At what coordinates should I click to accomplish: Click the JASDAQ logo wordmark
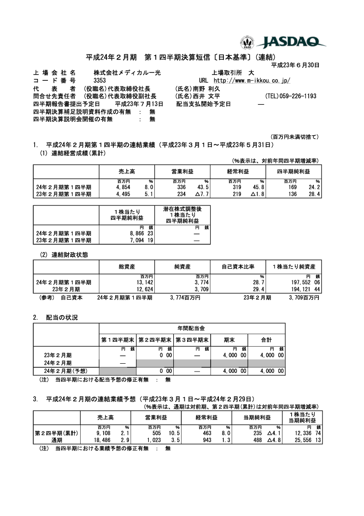291,42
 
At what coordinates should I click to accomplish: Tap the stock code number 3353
99,81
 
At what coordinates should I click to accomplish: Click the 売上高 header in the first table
127,171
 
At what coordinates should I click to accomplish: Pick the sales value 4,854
124,187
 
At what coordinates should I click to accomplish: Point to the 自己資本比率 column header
238,267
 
